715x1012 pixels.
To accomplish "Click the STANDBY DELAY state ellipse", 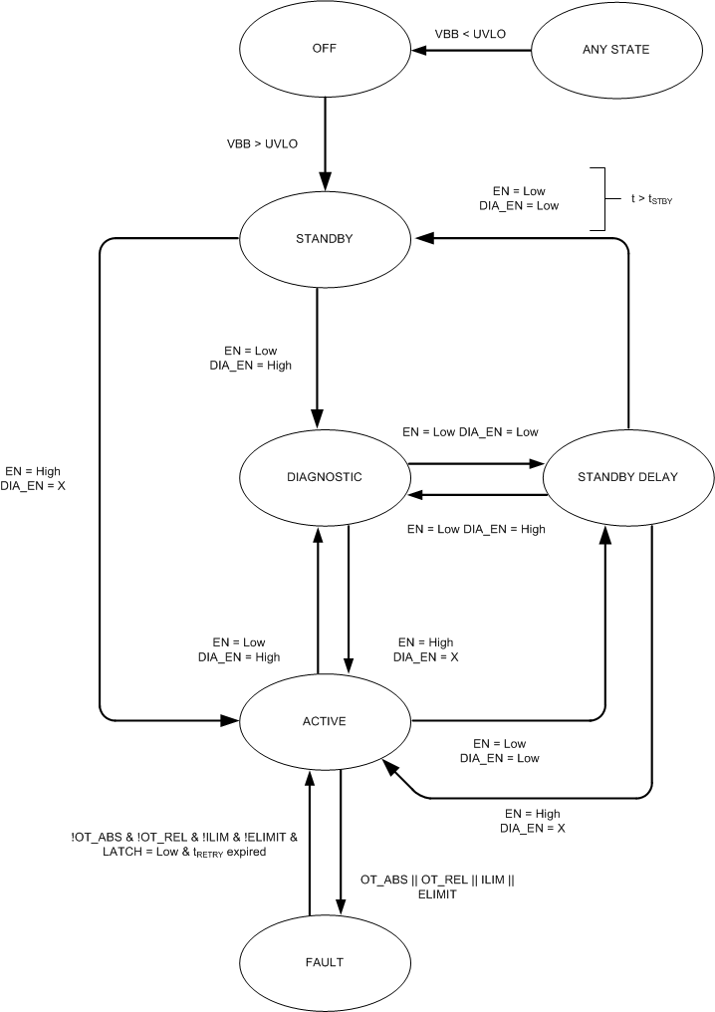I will [627, 477].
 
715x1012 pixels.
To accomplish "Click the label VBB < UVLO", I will [470, 34].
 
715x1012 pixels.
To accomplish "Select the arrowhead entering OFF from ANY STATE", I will [422, 50].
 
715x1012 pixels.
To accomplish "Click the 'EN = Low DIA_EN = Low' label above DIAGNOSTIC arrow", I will [470, 432].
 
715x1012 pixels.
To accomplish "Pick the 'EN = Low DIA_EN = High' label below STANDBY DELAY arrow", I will [476, 529].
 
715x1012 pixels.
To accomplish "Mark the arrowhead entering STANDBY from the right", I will [424, 238].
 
